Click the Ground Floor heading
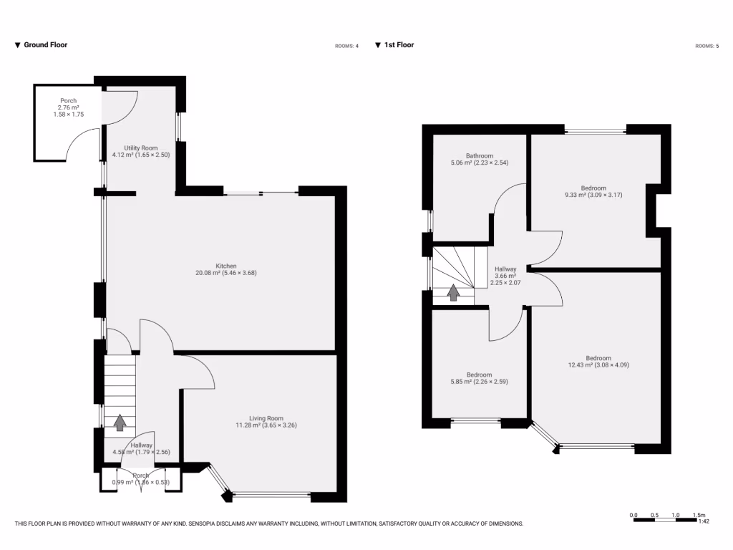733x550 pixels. pyautogui.click(x=46, y=45)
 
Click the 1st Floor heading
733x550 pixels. pyautogui.click(x=399, y=45)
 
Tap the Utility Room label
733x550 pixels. pyautogui.click(x=140, y=148)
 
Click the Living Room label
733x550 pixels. pyautogui.click(x=266, y=418)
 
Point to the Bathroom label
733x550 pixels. pyautogui.click(x=479, y=155)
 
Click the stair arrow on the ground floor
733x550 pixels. pyautogui.click(x=120, y=423)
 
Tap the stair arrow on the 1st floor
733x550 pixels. pyautogui.click(x=453, y=292)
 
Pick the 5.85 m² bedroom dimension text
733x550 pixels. pyautogui.click(x=479, y=382)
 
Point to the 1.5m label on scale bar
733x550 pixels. pyautogui.click(x=699, y=515)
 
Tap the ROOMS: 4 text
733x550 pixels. pyautogui.click(x=346, y=46)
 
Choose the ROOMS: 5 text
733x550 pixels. pyautogui.click(x=707, y=46)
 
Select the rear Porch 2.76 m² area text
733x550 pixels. pyautogui.click(x=68, y=107)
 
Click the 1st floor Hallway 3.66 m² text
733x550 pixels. pyautogui.click(x=505, y=276)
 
